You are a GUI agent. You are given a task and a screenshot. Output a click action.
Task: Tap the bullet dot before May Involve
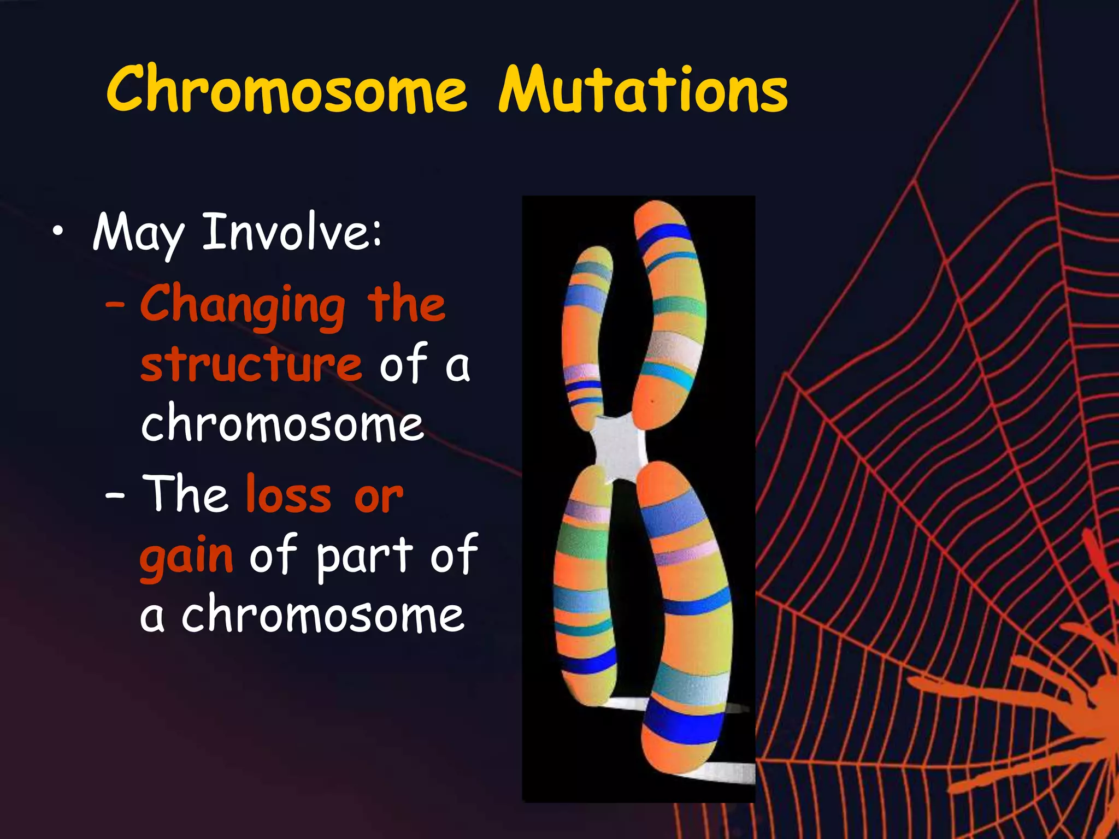click(x=58, y=233)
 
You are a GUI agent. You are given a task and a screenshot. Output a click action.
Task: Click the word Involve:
click(x=292, y=232)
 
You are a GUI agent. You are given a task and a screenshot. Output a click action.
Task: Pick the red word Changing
click(x=243, y=305)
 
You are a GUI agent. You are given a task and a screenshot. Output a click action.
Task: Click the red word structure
click(x=251, y=365)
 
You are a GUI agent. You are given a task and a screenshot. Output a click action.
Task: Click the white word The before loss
click(x=186, y=494)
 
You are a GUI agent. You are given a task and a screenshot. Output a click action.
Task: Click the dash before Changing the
click(x=115, y=305)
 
